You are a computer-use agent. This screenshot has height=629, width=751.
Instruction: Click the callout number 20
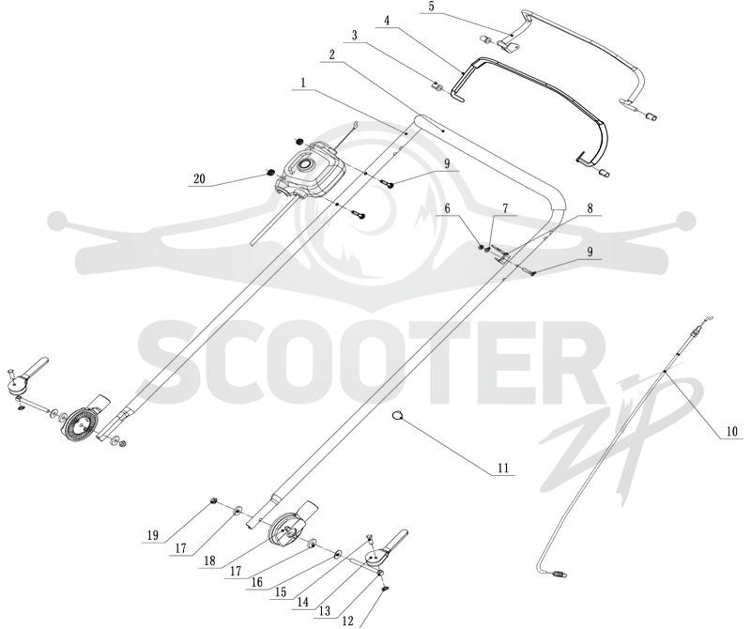point(199,179)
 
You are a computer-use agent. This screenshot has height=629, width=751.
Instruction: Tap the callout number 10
point(732,431)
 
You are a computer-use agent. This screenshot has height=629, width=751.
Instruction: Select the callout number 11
point(503,468)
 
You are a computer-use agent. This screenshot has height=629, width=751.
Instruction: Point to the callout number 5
point(431,8)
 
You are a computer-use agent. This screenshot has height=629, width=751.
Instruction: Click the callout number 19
point(153,535)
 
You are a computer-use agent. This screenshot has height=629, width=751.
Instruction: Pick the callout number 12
point(347,621)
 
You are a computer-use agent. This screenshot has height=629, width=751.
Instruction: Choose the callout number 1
point(302,83)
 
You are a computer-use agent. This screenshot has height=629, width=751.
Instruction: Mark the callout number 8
point(590,208)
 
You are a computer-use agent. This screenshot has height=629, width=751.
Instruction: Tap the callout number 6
point(448,208)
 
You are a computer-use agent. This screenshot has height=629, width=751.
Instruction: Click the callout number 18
point(209,560)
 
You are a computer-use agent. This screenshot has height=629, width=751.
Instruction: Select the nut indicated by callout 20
point(269,173)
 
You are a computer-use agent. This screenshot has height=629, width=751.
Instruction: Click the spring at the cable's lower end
point(559,572)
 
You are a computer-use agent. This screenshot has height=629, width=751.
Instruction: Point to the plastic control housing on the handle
point(310,172)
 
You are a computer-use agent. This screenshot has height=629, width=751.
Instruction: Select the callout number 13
point(325,610)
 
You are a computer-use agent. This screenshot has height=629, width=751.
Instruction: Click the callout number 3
point(354,36)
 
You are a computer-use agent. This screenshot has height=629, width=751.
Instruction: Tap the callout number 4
point(387,21)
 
